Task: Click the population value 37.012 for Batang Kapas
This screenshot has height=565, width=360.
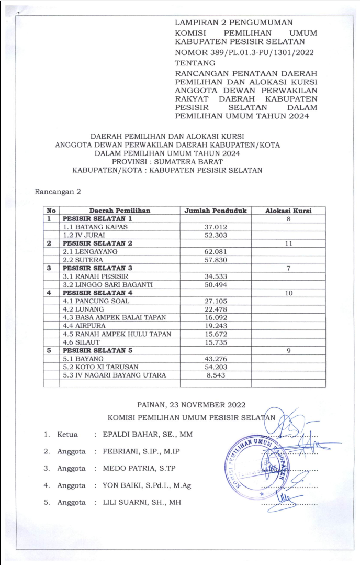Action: [x=215, y=227]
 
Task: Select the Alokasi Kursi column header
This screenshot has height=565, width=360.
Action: [x=288, y=211]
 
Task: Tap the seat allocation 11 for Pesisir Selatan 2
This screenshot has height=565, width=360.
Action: [x=288, y=243]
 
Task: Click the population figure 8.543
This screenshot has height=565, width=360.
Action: [x=215, y=375]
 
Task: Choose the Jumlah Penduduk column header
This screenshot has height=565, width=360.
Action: [x=215, y=211]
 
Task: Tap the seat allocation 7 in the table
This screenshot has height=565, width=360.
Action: [x=288, y=268]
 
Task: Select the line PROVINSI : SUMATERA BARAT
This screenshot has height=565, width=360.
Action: [x=167, y=162]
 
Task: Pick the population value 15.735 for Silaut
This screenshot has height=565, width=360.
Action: [x=215, y=342]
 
